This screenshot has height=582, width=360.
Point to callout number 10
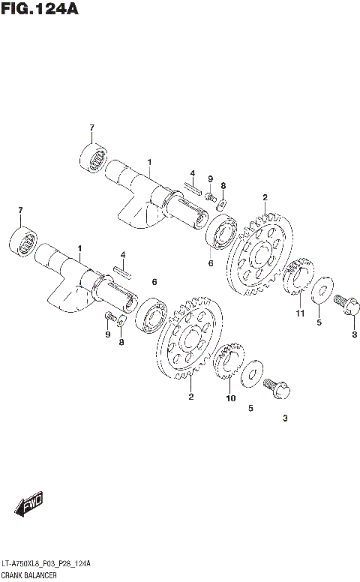tap(230, 398)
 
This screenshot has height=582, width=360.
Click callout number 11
tap(299, 313)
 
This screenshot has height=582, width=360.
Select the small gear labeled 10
tap(229, 363)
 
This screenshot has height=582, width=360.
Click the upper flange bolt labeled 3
tap(347, 304)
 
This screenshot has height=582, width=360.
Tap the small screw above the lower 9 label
tap(110, 316)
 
